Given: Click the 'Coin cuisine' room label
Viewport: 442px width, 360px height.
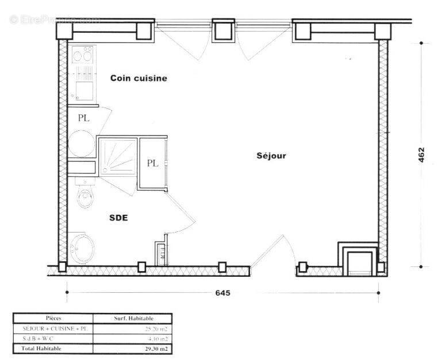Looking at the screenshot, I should coord(139,79).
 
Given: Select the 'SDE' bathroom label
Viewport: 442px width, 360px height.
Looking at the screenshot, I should coord(118,218).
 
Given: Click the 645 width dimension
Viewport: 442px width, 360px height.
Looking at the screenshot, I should coord(222,293).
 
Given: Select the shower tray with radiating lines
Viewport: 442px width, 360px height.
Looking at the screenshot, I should coord(118,156).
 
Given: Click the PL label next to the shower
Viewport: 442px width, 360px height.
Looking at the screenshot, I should coord(152,163).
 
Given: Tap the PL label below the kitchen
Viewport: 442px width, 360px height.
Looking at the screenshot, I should coord(84,118).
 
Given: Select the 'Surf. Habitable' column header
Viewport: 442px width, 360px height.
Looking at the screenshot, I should coord(133,318).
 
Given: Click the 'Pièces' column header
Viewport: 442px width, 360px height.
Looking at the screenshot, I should coord(53,318).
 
